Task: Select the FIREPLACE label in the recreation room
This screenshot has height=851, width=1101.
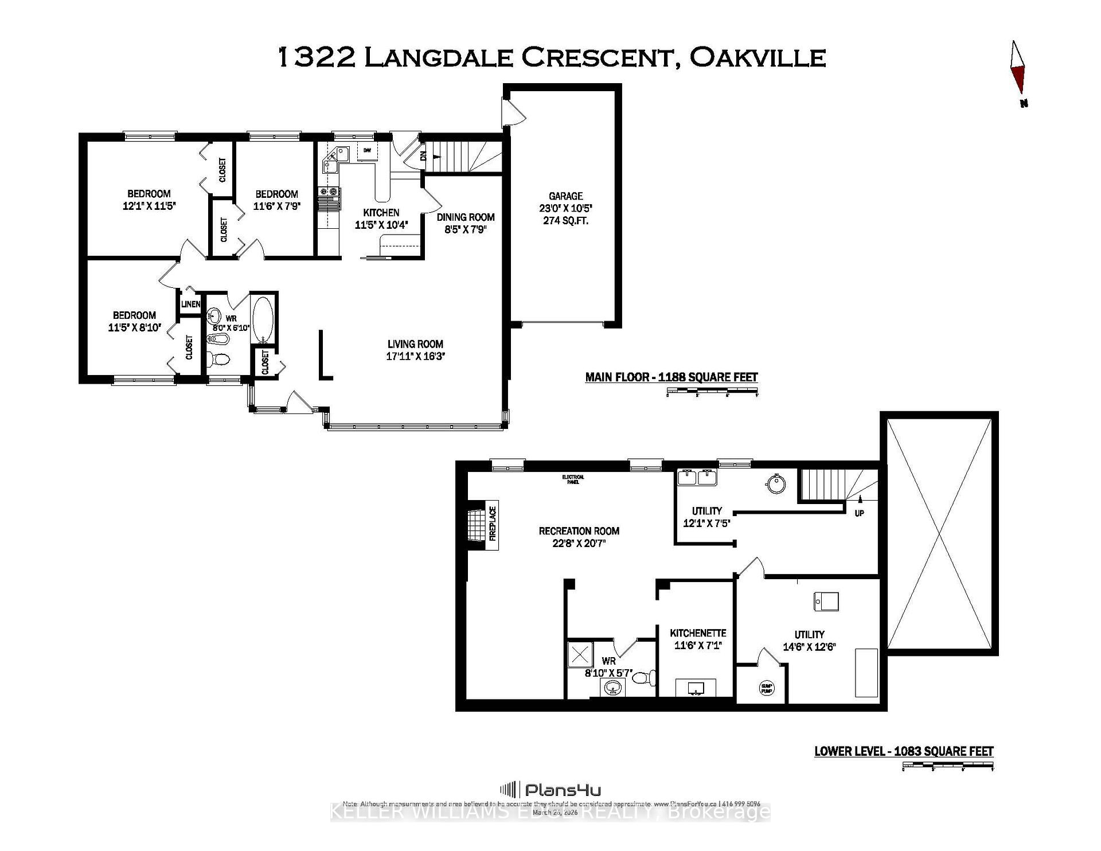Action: [x=491, y=523]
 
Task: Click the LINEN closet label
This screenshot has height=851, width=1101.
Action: [x=190, y=304]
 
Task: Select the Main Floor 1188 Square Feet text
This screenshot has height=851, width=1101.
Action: [x=671, y=377]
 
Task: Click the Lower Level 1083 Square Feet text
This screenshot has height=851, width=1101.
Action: [x=904, y=751]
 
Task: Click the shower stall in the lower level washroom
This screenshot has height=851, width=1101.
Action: [x=580, y=654]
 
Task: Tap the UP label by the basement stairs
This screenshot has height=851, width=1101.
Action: [x=859, y=513]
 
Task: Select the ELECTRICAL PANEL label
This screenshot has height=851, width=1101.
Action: [x=573, y=479]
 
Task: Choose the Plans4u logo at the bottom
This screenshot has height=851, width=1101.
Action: [x=550, y=790]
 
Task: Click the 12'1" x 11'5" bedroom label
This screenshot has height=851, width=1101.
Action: [x=149, y=200]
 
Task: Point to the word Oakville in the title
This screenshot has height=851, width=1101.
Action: [x=757, y=57]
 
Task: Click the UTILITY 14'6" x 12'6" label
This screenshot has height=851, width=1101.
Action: [x=809, y=641]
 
